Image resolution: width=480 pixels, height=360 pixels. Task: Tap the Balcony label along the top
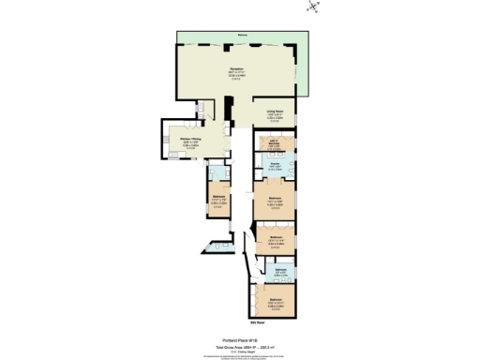242,35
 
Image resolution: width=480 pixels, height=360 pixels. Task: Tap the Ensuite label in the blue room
275,166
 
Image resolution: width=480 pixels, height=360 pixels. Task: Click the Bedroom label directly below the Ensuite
275,199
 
